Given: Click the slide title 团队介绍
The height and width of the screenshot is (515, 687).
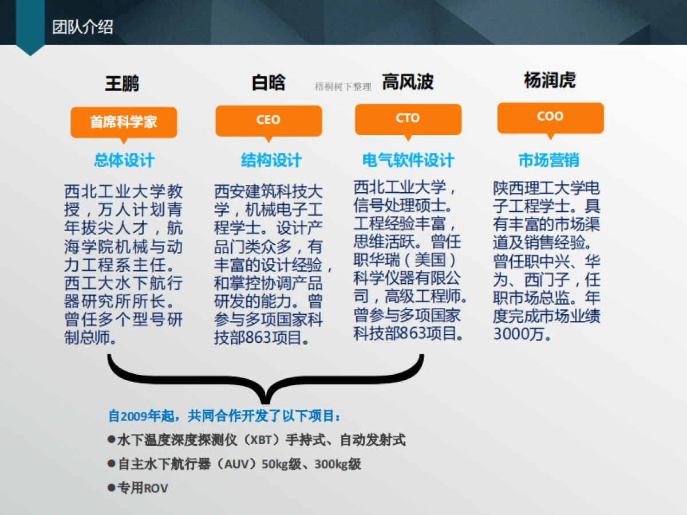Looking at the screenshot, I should pos(82,27).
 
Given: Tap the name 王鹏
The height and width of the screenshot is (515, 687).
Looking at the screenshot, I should pos(122,84).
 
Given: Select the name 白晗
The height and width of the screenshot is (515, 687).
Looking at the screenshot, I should pos(268,82).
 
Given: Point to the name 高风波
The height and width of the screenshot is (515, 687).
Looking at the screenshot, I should pos(408,82).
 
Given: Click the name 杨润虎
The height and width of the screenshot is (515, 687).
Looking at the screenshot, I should pos(550,80).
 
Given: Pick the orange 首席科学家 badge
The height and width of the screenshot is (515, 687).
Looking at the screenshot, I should pos(123,121).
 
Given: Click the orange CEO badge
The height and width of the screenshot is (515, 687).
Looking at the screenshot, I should pos(268,120).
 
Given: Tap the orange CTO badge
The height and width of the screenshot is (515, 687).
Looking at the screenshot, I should pos(408,118).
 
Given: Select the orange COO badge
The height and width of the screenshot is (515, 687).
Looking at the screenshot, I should pos(550,117).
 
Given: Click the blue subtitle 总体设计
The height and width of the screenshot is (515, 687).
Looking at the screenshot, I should pos(124,160).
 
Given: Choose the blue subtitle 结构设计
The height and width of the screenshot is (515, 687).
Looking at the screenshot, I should pos(271,160).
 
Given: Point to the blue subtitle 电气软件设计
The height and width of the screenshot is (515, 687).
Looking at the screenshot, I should pos(408,160).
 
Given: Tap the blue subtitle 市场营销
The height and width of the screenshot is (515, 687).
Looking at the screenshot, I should pos(548,160).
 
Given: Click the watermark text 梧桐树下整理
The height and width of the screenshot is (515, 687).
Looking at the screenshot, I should pos(343,87).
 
